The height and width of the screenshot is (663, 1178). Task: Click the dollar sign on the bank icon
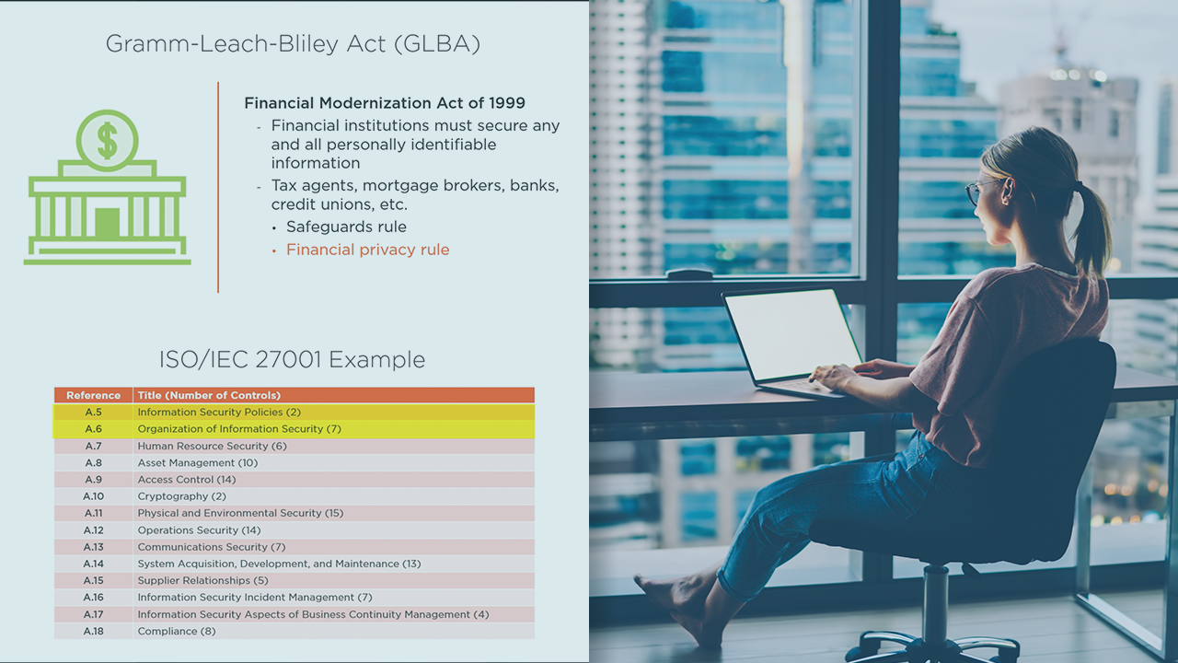[108, 141]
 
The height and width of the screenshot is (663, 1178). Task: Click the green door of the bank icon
[108, 223]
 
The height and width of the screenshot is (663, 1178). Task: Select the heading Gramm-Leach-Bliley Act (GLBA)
[293, 43]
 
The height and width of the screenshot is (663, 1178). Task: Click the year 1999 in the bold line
[507, 102]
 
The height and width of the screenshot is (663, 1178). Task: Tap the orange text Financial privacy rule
[367, 250]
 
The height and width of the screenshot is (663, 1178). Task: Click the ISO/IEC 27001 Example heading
[292, 360]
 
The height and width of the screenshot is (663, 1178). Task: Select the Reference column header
[93, 395]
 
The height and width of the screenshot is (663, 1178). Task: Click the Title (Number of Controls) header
[209, 395]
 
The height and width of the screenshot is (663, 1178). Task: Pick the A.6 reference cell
[93, 429]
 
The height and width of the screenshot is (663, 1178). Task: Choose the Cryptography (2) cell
[181, 496]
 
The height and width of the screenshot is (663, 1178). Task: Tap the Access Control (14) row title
[187, 480]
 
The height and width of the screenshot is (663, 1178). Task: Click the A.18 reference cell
[93, 631]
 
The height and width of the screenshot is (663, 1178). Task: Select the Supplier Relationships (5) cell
[202, 580]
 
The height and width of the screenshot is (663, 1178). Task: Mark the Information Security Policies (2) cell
[219, 412]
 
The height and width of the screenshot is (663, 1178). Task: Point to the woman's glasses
[981, 191]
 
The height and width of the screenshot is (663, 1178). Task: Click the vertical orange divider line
[218, 187]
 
